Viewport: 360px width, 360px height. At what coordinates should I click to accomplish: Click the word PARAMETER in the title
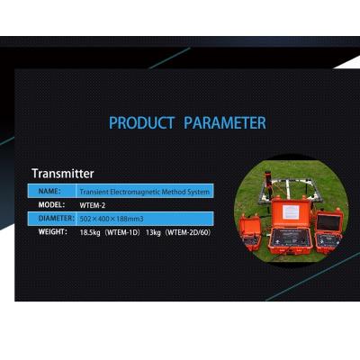(x=225, y=122)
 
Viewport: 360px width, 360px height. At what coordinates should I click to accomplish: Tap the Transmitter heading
(x=62, y=173)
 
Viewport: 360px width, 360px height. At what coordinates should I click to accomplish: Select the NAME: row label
(x=49, y=191)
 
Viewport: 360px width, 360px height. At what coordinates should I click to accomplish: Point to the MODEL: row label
(x=52, y=204)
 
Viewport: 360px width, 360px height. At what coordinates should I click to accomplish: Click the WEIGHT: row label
(x=53, y=231)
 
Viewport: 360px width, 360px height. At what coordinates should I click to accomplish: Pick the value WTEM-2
(x=93, y=205)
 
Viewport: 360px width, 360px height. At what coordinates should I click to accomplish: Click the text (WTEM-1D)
(x=125, y=232)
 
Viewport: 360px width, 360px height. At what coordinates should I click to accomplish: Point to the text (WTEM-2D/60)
(x=193, y=232)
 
